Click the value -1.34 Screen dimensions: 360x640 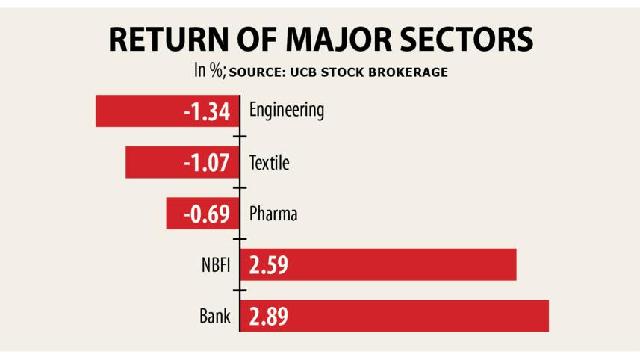[x=207, y=112]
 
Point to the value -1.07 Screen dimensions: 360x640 [x=207, y=163]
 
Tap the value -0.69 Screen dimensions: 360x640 [x=208, y=214]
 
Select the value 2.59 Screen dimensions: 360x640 [x=269, y=265]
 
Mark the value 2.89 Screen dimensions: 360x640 [x=269, y=316]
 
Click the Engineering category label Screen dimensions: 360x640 [x=287, y=111]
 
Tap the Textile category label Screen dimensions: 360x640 [x=269, y=162]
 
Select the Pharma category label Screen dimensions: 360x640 [x=273, y=214]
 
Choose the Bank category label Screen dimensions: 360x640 [x=215, y=316]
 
